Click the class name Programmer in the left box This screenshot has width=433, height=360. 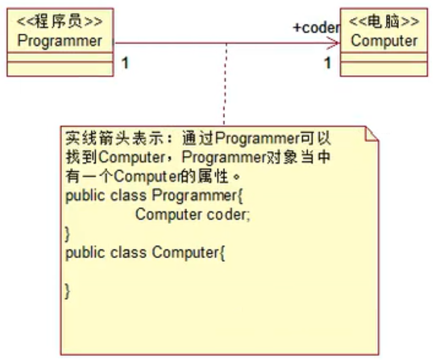(59, 41)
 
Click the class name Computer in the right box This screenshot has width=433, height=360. (384, 41)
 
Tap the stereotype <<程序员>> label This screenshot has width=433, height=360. (59, 22)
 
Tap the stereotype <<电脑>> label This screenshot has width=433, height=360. (384, 22)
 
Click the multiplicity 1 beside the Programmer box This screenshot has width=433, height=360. (124, 63)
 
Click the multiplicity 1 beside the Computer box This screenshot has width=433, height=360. (327, 63)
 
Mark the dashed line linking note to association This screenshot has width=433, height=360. (226, 85)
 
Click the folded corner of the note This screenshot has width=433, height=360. (371, 134)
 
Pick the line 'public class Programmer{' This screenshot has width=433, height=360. (154, 196)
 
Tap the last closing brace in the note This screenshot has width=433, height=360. (68, 291)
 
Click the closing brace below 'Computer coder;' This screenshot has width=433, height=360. (68, 233)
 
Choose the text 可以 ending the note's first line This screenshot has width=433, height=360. (322, 139)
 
